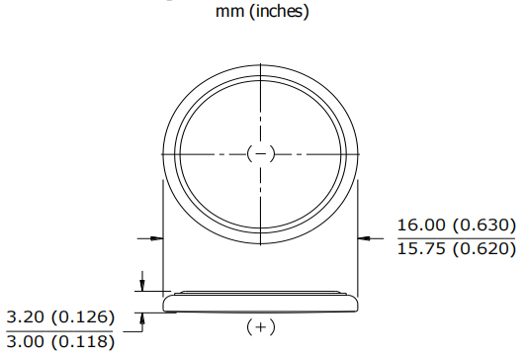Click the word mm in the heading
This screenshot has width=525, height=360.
pyautogui.click(x=227, y=13)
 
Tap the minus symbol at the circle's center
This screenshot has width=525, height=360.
pyautogui.click(x=259, y=153)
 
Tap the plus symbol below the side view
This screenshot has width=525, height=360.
pyautogui.click(x=260, y=326)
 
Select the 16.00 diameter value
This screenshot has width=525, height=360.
pyautogui.click(x=422, y=225)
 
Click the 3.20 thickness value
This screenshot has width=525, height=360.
pyautogui.click(x=30, y=317)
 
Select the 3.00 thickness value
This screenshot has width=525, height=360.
pyautogui.click(x=30, y=342)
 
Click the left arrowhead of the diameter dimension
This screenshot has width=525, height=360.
pyautogui.click(x=156, y=237)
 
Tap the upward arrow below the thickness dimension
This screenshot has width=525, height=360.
pyautogui.click(x=144, y=317)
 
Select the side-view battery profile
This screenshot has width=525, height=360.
pyautogui.click(x=259, y=302)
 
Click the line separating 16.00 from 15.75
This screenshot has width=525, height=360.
pyautogui.click(x=456, y=236)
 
